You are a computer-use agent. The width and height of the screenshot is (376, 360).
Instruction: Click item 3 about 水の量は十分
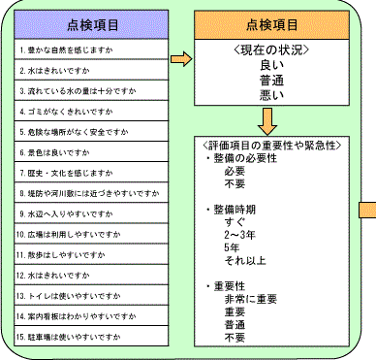73,89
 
